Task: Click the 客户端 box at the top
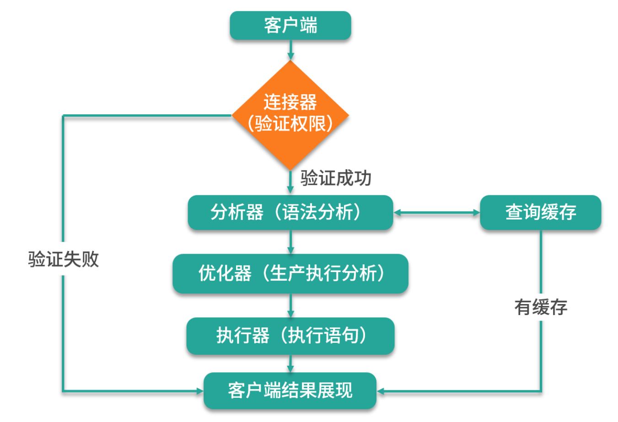pyautogui.click(x=290, y=26)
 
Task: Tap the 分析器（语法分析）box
pyautogui.click(x=290, y=213)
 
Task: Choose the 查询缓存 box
pyautogui.click(x=540, y=213)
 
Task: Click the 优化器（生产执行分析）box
pyautogui.click(x=290, y=273)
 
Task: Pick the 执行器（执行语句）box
pyautogui.click(x=290, y=336)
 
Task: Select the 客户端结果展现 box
pyautogui.click(x=290, y=391)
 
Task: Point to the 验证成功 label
pyautogui.click(x=336, y=178)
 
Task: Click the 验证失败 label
pyautogui.click(x=63, y=259)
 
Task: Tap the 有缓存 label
pyautogui.click(x=541, y=307)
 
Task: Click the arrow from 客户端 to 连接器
pyautogui.click(x=290, y=50)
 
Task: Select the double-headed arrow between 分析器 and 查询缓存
pyautogui.click(x=436, y=213)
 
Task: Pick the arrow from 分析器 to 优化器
pyautogui.click(x=290, y=242)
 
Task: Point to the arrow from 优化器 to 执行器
pyautogui.click(x=290, y=305)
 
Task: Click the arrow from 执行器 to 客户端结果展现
pyautogui.click(x=290, y=363)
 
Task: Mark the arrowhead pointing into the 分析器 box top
pyautogui.click(x=290, y=190)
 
